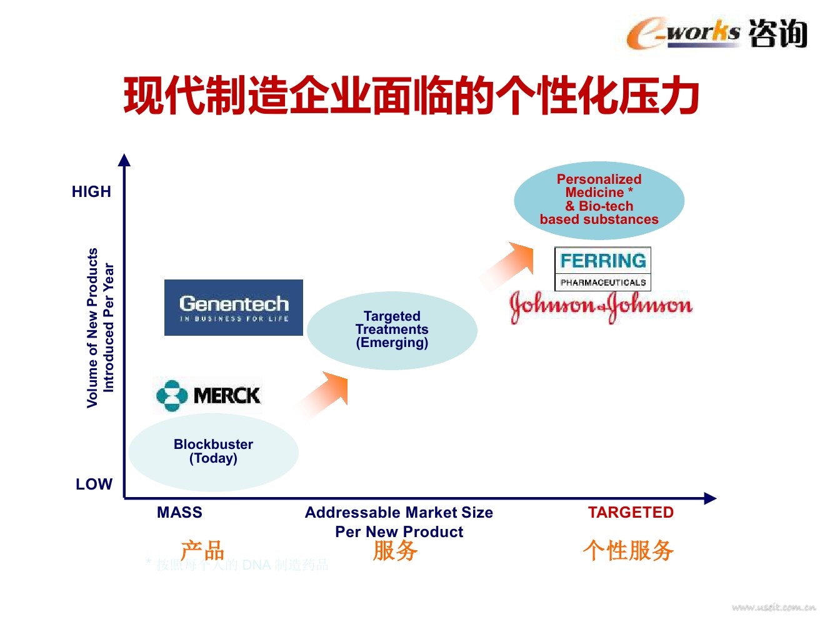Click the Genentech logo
pos(233,308)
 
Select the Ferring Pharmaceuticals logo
pos(603,269)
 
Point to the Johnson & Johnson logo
pos(601,306)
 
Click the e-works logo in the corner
pos(716,33)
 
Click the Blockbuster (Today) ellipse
pos(213,451)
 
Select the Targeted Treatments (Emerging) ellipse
pos(392,330)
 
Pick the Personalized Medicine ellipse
pos(599,200)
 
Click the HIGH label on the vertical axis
pos(91,192)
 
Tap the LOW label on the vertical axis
pos(94,485)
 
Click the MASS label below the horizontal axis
pos(179,513)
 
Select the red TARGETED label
pos(631,513)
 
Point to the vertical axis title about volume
pos(100,328)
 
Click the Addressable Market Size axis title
pos(399,522)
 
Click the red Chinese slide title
pos(411,96)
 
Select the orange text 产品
pos(202,550)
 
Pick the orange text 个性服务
pos(628,550)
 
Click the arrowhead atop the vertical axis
pos(124,160)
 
